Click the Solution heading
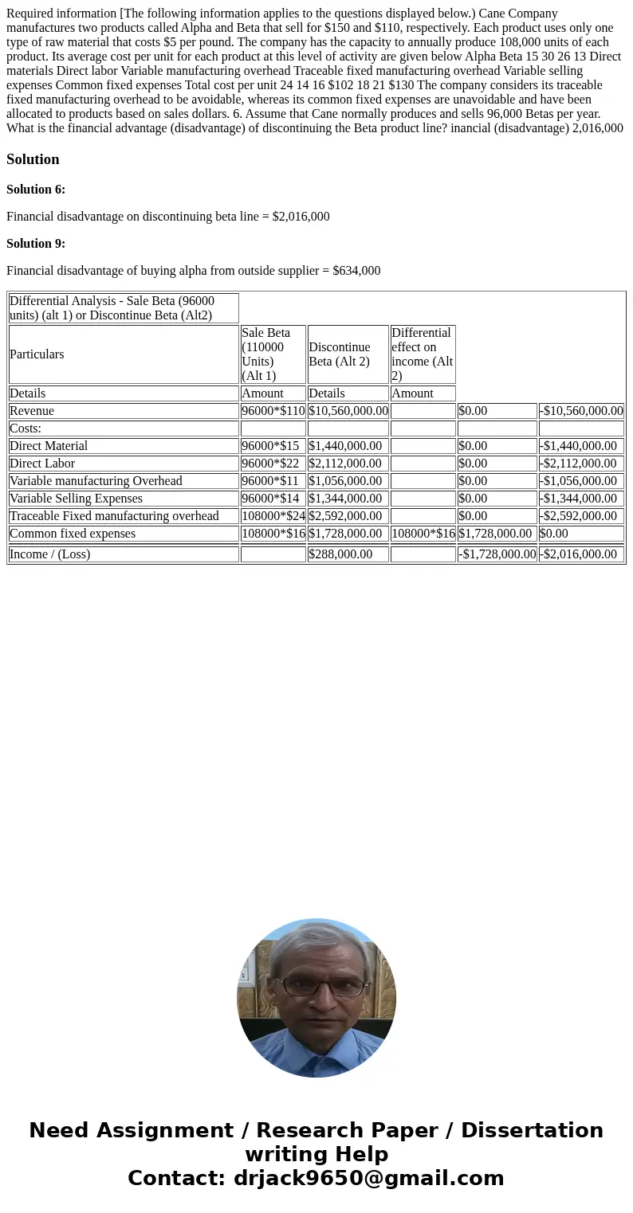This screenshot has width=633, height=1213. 33,159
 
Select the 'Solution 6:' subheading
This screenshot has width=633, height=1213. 36,190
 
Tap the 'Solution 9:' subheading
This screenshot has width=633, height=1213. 36,244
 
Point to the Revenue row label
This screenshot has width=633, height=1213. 32,411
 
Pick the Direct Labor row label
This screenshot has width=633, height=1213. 42,464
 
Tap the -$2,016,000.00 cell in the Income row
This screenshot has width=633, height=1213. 580,554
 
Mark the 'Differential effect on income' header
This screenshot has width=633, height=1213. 422,354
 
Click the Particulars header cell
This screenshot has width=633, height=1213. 37,354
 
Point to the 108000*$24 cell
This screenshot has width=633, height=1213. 273,516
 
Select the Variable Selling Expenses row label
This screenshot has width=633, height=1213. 76,499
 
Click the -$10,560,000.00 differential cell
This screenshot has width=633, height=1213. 580,411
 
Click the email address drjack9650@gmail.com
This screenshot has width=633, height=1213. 368,1179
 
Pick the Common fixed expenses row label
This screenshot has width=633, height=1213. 73,534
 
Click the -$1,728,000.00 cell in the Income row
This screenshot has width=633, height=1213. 497,554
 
